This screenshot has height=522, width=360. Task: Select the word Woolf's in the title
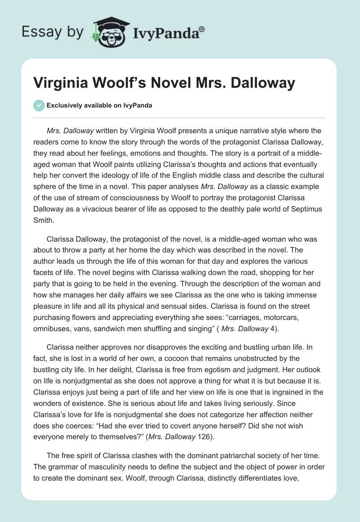click(x=132, y=83)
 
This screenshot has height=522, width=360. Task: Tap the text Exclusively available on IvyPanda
click(x=99, y=105)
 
